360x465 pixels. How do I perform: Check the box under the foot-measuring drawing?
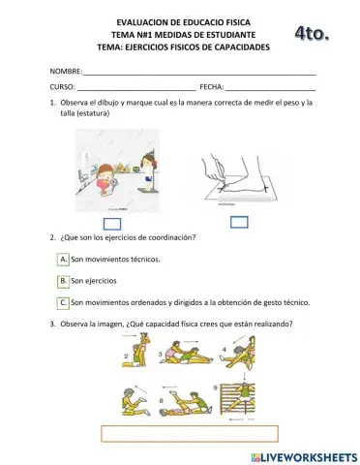239,222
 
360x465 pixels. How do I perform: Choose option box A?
63,259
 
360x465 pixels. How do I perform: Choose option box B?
63,281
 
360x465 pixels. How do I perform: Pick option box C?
63,302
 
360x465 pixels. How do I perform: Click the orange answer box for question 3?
189,433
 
